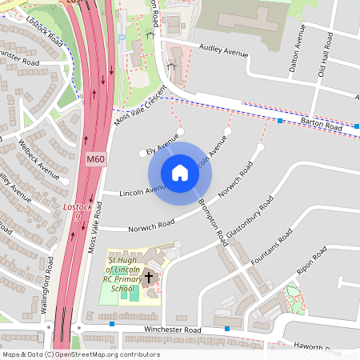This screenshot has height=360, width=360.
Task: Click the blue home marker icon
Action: click(179, 173)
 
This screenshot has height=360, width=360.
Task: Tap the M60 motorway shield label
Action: click(95, 160)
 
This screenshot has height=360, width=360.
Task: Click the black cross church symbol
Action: click(149, 278)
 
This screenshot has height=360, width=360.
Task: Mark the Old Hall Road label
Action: click(324, 57)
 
